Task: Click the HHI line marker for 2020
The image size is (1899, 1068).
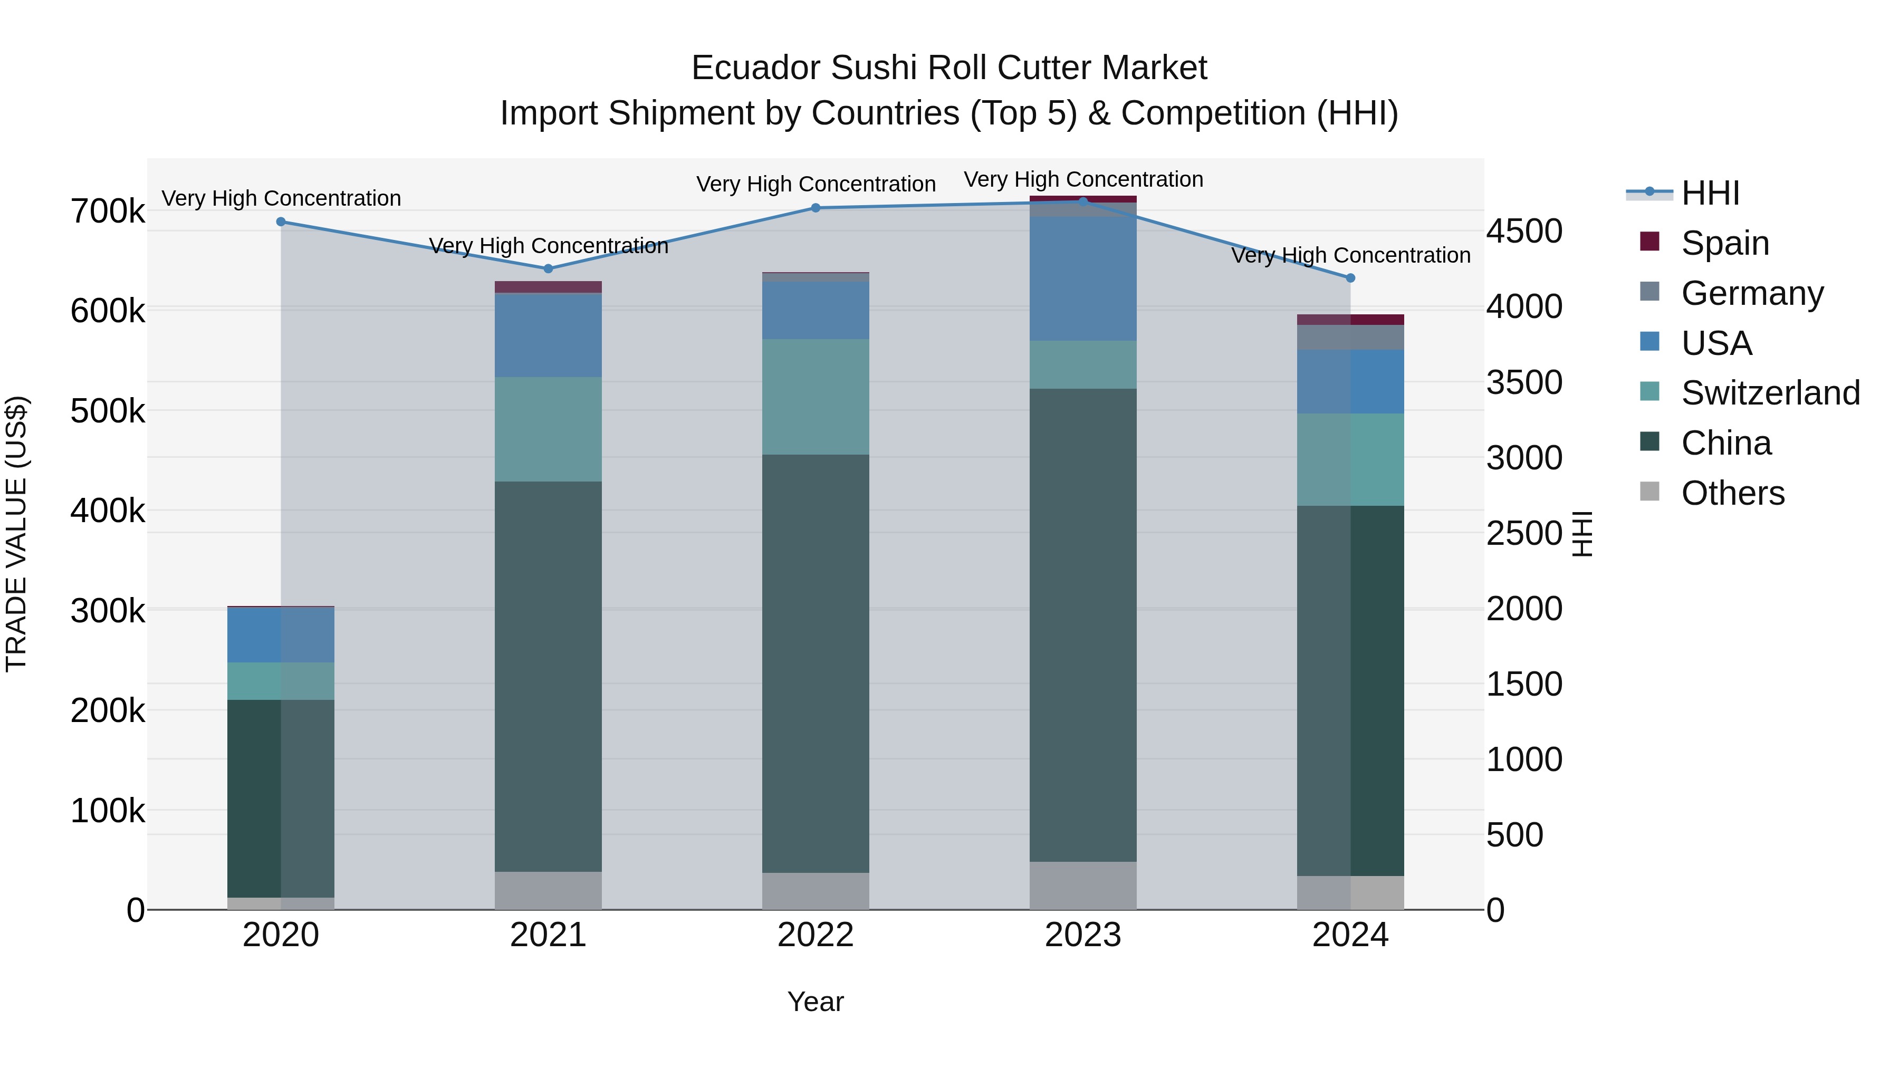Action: pyautogui.click(x=281, y=222)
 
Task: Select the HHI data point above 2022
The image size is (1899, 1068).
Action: pyautogui.click(x=816, y=208)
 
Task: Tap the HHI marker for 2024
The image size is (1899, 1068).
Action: pyautogui.click(x=1350, y=278)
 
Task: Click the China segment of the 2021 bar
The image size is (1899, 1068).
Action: pyautogui.click(x=548, y=676)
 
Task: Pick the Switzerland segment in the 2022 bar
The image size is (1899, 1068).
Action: pyautogui.click(x=816, y=397)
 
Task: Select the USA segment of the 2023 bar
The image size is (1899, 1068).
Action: pyautogui.click(x=1083, y=278)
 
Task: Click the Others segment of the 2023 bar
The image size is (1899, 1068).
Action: pyautogui.click(x=1083, y=885)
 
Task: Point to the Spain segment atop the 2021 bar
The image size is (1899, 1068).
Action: pyautogui.click(x=548, y=287)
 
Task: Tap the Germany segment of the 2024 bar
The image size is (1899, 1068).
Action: pyautogui.click(x=1350, y=338)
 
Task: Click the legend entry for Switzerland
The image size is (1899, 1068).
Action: pyautogui.click(x=1769, y=393)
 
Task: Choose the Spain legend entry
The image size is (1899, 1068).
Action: pyautogui.click(x=1724, y=243)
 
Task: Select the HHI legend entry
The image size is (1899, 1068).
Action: pyautogui.click(x=1710, y=193)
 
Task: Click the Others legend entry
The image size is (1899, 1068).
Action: pyautogui.click(x=1732, y=493)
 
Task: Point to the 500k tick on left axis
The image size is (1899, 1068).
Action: pyautogui.click(x=108, y=411)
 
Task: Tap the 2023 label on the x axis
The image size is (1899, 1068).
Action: pyautogui.click(x=1083, y=935)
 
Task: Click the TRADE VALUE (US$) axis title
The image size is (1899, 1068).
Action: pyautogui.click(x=17, y=534)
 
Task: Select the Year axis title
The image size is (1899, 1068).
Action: pyautogui.click(x=816, y=1002)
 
